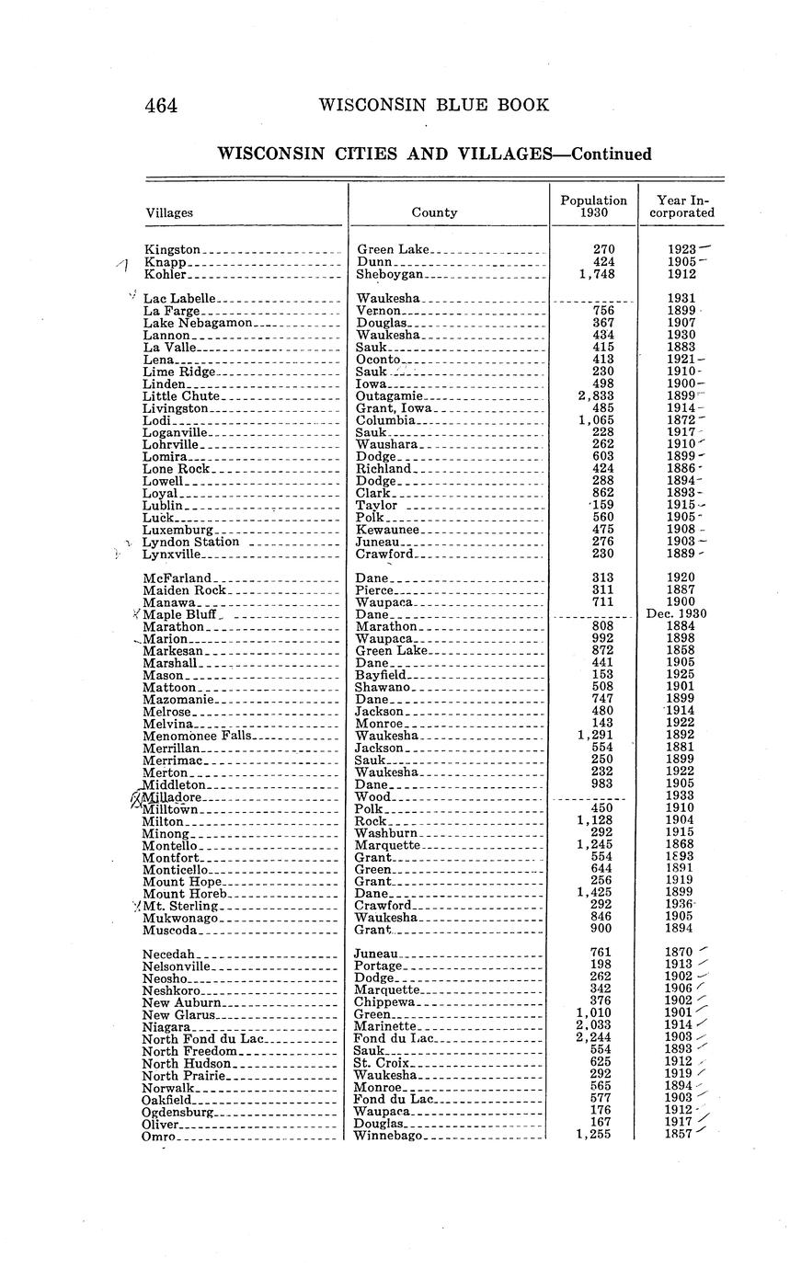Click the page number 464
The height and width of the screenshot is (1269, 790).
click(161, 106)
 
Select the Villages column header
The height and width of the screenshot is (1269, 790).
click(169, 212)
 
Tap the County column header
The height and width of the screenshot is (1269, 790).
click(434, 212)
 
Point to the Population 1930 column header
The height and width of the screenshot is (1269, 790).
click(593, 206)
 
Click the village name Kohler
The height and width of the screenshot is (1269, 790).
click(166, 274)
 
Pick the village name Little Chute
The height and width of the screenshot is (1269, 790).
click(181, 396)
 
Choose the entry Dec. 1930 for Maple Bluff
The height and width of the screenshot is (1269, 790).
click(681, 614)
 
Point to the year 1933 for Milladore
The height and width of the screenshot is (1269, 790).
click(681, 795)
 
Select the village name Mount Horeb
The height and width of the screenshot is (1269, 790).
click(184, 893)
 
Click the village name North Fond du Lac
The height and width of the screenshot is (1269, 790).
click(202, 1039)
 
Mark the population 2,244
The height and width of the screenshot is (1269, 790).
click(594, 1039)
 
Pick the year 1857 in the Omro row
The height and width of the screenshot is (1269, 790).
click(679, 1135)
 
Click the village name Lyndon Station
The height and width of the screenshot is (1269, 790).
click(190, 543)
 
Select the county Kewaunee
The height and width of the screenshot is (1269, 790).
click(386, 531)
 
